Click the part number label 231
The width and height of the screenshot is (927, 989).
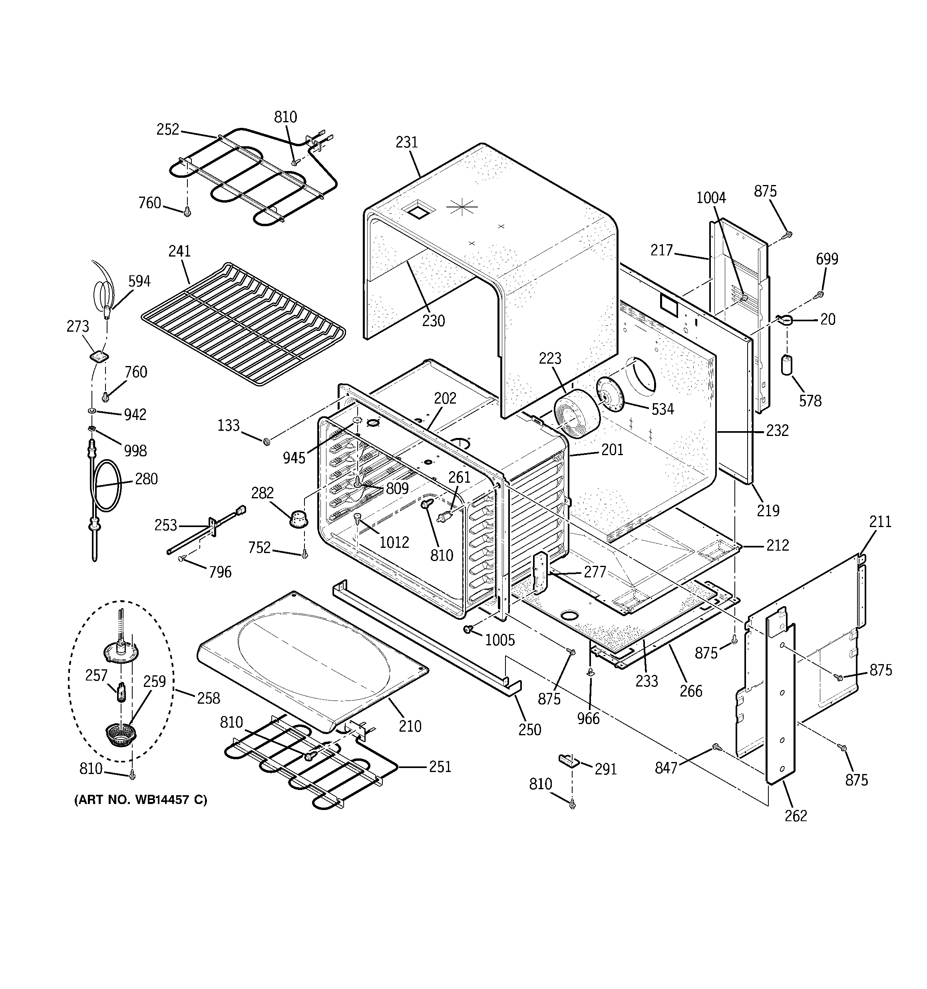tap(406, 143)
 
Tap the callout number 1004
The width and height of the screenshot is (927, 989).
tap(710, 198)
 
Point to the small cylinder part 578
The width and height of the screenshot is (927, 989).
tap(787, 365)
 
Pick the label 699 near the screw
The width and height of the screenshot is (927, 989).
tap(826, 259)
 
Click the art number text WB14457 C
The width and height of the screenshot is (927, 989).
tap(140, 800)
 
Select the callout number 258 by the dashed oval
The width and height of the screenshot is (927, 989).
tap(208, 698)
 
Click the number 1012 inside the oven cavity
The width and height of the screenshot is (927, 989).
tap(394, 542)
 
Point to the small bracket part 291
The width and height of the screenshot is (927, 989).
tap(568, 760)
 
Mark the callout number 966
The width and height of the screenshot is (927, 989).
tap(588, 718)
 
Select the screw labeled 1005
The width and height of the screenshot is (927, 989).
tap(468, 630)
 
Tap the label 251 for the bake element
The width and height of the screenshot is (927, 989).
tap(440, 766)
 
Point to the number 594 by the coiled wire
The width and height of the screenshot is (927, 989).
tap(139, 282)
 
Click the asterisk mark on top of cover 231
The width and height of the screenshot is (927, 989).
tap(462, 207)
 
